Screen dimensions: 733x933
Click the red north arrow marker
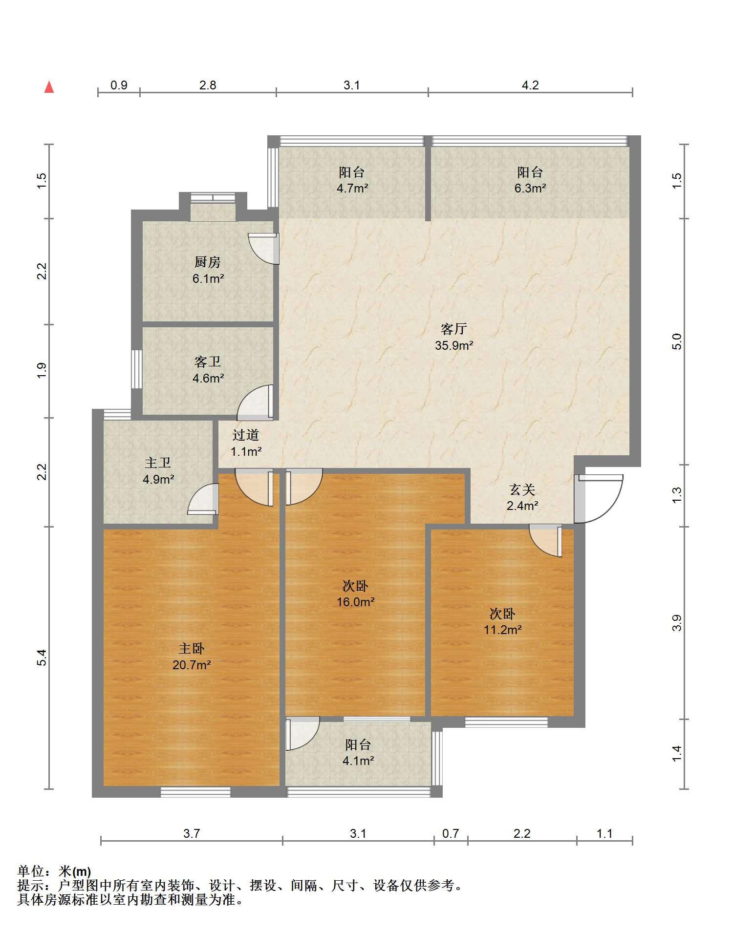coord(49,87)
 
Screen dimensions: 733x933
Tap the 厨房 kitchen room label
coord(208,262)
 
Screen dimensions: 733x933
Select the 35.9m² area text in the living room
coord(454,345)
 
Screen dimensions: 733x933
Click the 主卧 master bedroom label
coord(192,648)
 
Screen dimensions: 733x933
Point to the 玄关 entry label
coord(522,489)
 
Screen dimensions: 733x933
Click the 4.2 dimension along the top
coord(530,85)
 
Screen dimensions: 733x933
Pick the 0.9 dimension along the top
coord(119,85)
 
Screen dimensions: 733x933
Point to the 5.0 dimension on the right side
coord(677,341)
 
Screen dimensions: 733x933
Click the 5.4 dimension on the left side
coord(43,657)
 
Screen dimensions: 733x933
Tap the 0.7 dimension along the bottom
coord(451,833)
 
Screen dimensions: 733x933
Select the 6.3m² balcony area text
coord(530,188)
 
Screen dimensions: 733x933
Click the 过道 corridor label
coord(245,435)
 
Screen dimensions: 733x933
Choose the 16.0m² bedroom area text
coord(356,602)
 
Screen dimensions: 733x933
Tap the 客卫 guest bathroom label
coord(208,361)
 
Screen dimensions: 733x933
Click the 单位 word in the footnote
coord(31,871)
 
